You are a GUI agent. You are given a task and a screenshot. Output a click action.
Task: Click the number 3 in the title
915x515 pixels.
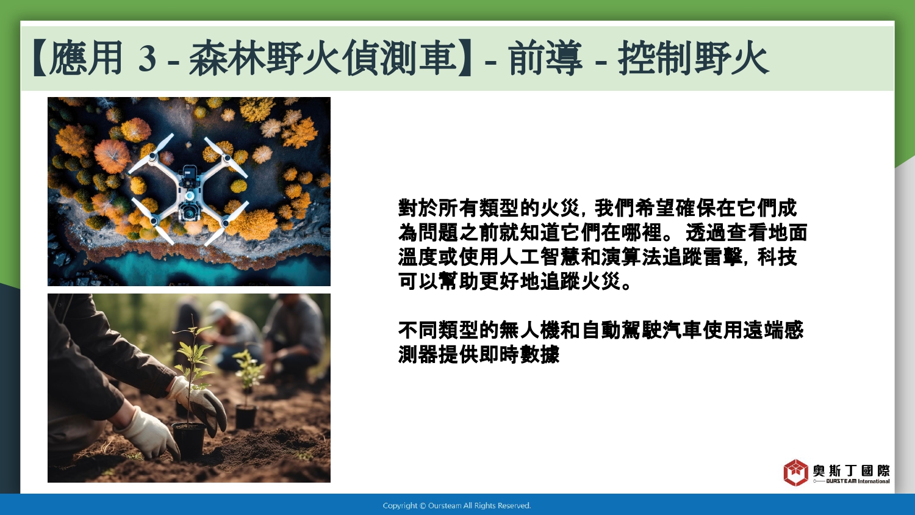coord(147,59)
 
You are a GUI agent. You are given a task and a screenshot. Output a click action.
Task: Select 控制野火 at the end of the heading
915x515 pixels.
coord(694,58)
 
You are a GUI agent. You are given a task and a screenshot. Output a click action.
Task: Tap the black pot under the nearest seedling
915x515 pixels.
coord(189,440)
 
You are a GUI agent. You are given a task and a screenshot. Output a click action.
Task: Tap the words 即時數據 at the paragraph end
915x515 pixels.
coord(519,355)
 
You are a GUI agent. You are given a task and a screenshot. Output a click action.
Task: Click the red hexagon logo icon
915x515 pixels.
coord(795,472)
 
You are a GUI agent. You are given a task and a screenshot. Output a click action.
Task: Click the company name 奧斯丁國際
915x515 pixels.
coord(852,470)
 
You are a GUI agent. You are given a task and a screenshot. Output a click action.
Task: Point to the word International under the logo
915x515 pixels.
coord(874,481)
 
